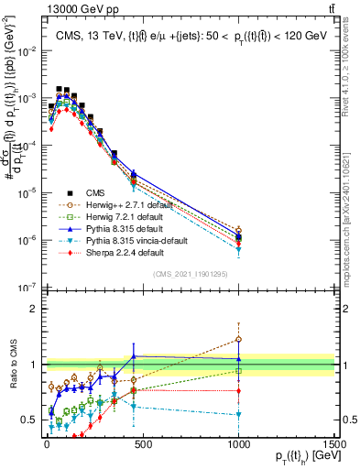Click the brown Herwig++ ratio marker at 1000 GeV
(238, 340)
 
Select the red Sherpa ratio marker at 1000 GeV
(238, 391)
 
